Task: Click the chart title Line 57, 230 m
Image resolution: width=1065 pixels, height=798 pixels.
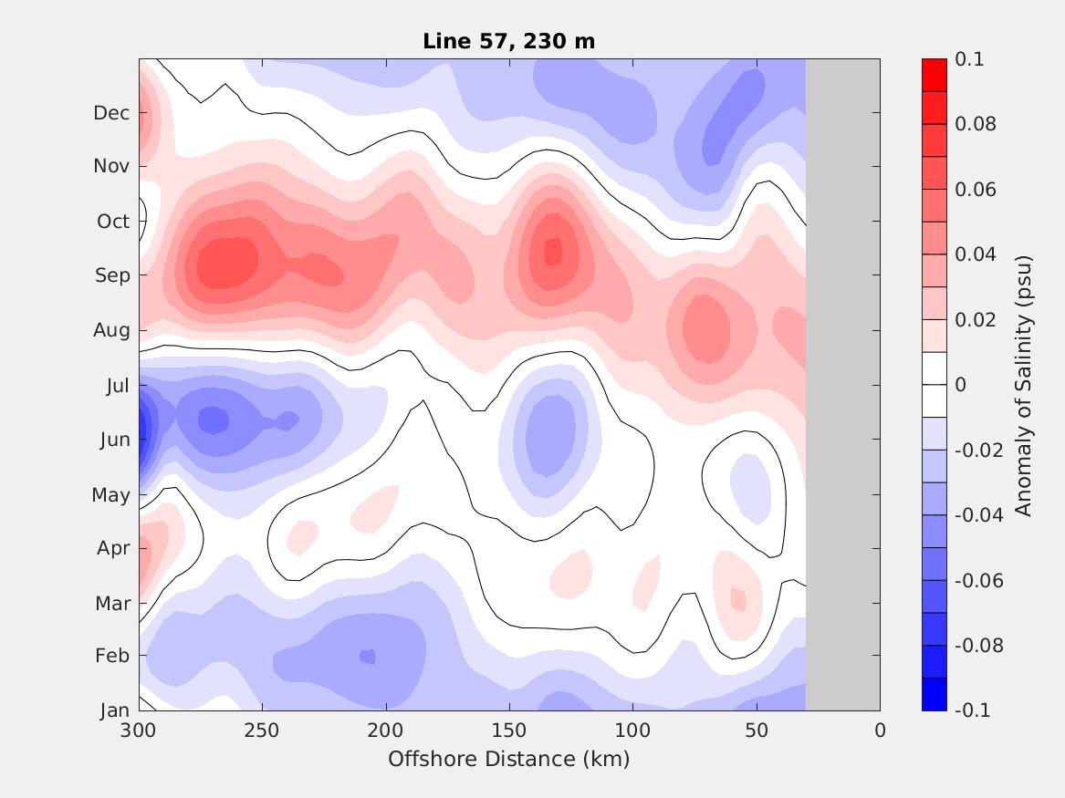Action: [x=509, y=41]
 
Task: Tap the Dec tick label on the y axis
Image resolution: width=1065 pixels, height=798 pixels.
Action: [x=111, y=113]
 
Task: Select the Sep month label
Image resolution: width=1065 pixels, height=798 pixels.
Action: [x=112, y=275]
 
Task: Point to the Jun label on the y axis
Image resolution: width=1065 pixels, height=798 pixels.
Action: [x=113, y=440]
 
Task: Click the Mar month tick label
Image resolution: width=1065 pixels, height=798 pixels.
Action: [x=112, y=604]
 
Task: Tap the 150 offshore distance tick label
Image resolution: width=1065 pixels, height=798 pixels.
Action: [x=509, y=731]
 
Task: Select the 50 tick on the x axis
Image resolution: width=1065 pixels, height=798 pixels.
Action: [x=757, y=731]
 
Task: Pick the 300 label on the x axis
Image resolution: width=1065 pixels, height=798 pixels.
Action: [x=139, y=731]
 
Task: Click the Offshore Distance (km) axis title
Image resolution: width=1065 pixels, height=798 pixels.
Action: [x=508, y=759]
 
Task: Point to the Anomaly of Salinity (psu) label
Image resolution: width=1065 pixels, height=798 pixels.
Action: [x=1024, y=385]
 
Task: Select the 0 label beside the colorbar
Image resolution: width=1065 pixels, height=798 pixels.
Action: [x=961, y=385]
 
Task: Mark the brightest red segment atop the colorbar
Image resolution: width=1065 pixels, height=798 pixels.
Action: [x=934, y=75]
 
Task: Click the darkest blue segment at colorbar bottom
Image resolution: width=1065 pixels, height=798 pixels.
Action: [x=934, y=694]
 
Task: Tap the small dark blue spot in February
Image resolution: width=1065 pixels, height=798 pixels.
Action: [x=367, y=657]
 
